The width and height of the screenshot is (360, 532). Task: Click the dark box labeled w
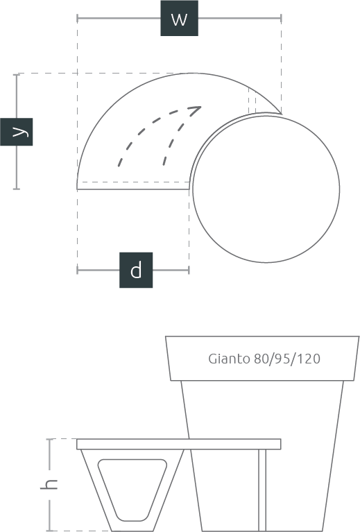click(x=179, y=18)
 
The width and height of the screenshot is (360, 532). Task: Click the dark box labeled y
click(x=16, y=132)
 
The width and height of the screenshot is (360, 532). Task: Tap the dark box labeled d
click(x=136, y=270)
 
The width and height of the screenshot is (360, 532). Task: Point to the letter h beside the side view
click(x=49, y=484)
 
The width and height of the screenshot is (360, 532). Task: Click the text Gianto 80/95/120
click(x=264, y=359)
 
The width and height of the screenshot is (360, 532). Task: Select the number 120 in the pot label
click(x=308, y=359)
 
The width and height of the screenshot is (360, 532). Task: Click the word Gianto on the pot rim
click(x=229, y=359)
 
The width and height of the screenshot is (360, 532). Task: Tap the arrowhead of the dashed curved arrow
click(x=196, y=110)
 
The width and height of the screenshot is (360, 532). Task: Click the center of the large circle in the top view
click(x=266, y=189)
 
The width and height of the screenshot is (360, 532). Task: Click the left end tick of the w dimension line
click(x=78, y=18)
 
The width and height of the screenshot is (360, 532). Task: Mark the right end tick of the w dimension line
click(x=282, y=18)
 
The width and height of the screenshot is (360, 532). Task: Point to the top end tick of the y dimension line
click(x=17, y=75)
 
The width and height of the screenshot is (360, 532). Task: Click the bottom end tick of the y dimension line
click(x=17, y=189)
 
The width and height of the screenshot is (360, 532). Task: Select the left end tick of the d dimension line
click(x=78, y=270)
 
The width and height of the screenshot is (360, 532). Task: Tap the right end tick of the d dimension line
click(x=189, y=270)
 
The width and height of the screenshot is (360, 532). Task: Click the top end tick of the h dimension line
click(x=50, y=439)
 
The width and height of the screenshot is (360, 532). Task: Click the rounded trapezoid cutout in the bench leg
click(x=132, y=490)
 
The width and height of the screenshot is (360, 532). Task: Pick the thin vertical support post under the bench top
click(x=262, y=490)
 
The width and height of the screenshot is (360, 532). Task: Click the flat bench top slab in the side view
click(x=179, y=444)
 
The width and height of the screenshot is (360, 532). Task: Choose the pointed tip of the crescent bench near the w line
click(x=281, y=114)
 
